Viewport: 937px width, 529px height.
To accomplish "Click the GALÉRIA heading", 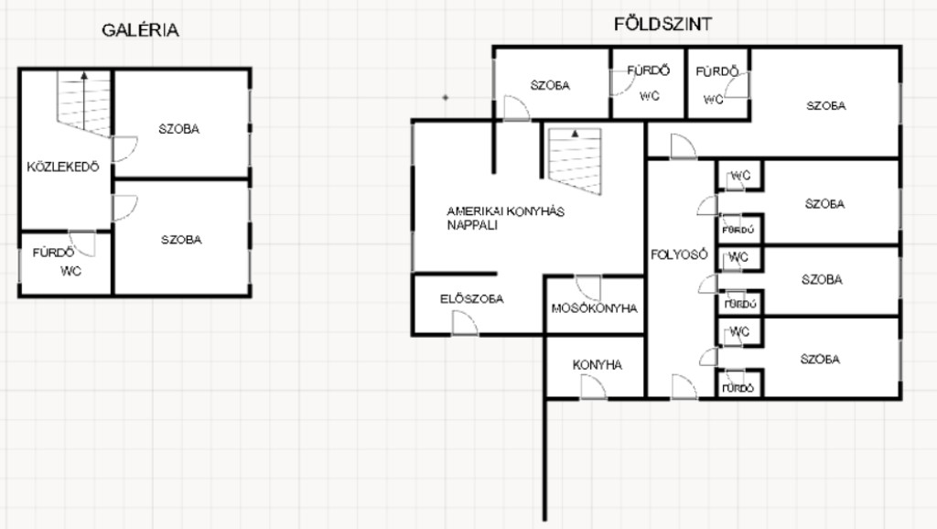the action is (x=140, y=30).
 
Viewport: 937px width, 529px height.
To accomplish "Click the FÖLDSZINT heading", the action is (x=662, y=24).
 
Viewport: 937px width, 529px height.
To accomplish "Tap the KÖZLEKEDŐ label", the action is (x=63, y=167).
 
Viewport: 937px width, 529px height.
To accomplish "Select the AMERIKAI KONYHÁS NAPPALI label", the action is (x=505, y=218).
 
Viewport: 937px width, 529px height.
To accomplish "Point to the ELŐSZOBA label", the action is (x=471, y=298).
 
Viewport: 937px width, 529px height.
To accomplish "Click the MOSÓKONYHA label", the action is (x=594, y=308).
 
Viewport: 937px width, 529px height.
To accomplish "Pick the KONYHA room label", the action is (x=597, y=364).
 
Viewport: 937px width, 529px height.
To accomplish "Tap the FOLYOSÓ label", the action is (x=679, y=254).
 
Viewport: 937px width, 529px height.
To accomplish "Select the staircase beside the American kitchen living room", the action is (x=575, y=161).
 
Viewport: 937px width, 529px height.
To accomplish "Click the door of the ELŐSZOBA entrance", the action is (x=464, y=323).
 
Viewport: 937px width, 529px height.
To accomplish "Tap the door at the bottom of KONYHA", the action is (x=593, y=387).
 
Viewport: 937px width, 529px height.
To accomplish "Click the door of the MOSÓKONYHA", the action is (x=588, y=287).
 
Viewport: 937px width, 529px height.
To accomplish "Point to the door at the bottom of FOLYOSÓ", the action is (x=684, y=387).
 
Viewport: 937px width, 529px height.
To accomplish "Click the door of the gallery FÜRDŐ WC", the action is (x=82, y=243).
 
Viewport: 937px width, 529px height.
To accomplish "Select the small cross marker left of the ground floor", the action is (x=446, y=97).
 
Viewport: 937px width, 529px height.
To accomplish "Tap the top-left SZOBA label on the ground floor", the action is (x=550, y=85).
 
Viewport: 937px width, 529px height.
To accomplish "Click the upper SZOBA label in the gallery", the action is (x=178, y=128).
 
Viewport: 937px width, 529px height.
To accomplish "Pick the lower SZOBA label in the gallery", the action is (x=181, y=240).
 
